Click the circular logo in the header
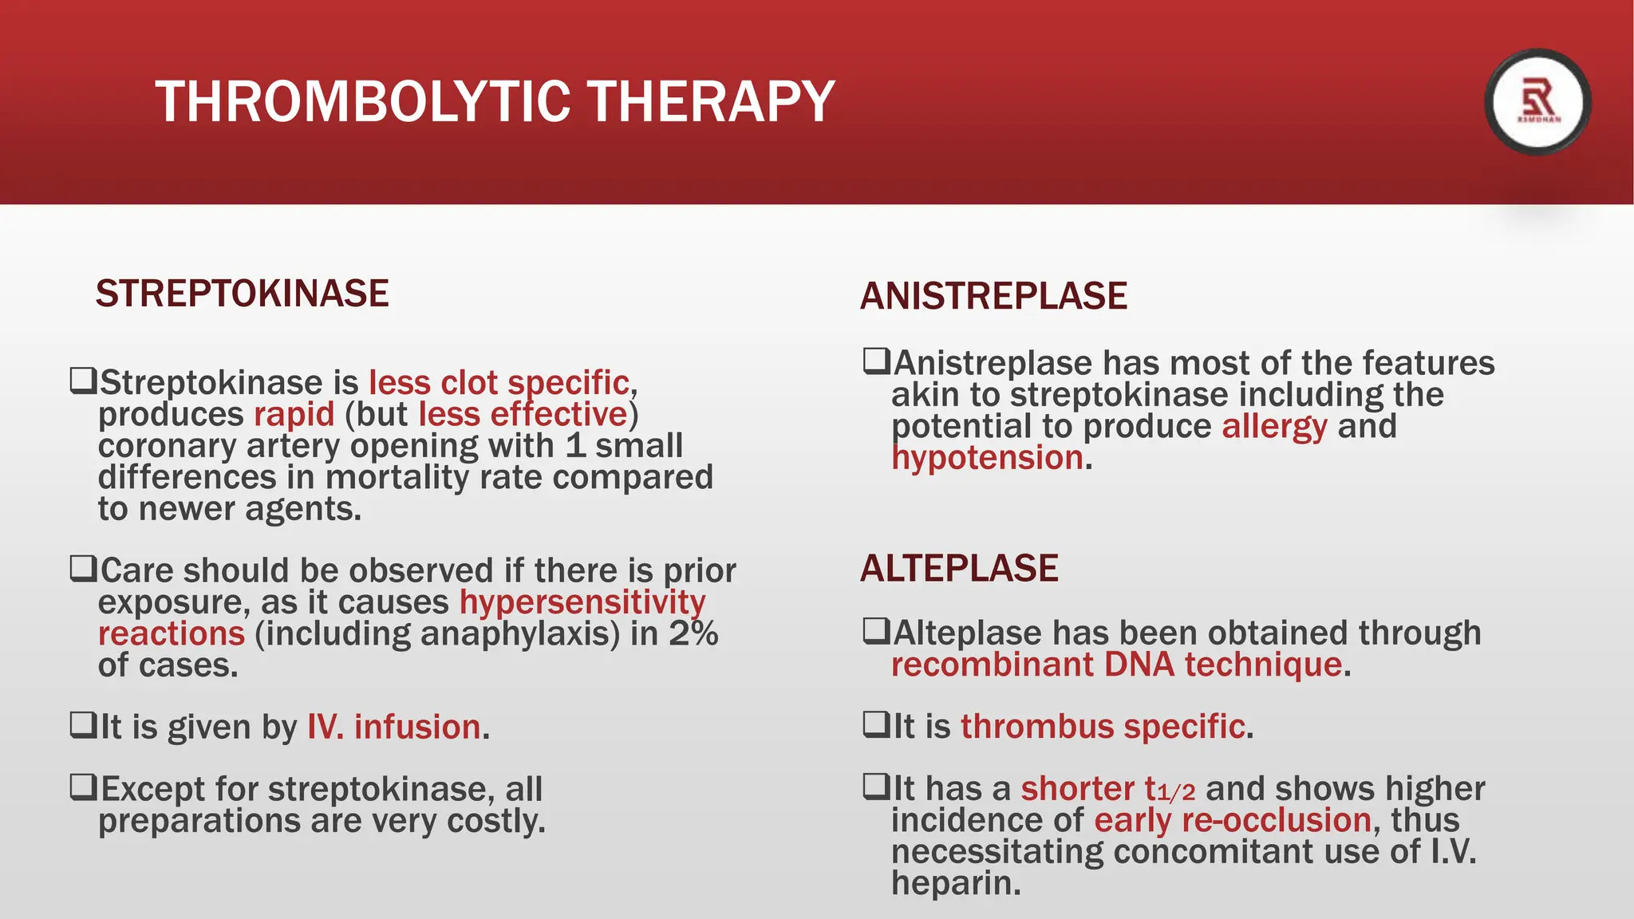(x=1537, y=102)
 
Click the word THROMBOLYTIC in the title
(x=363, y=102)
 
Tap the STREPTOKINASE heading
(x=242, y=294)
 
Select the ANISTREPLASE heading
(x=993, y=296)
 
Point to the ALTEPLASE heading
(x=959, y=569)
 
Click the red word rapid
(x=294, y=415)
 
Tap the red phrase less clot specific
(x=499, y=383)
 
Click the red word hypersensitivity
(x=582, y=602)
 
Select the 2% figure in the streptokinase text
(x=693, y=634)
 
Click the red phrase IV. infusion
(x=394, y=728)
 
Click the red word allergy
(x=1274, y=427)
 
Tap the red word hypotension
(x=987, y=458)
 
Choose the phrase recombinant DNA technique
(x=1116, y=665)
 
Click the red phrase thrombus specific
(x=1103, y=727)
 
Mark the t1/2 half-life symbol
(x=1170, y=790)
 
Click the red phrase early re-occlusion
(x=1232, y=821)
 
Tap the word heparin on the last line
(x=955, y=883)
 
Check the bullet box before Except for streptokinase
(x=83, y=787)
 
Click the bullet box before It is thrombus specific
(x=876, y=724)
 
